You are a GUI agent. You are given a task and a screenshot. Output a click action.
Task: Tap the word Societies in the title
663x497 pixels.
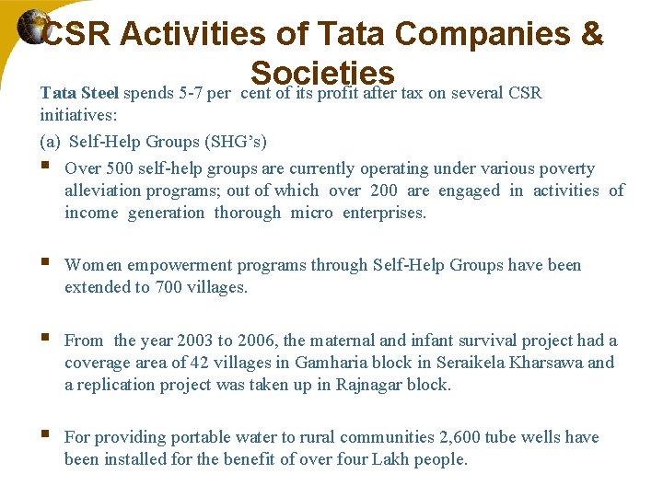(322, 73)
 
